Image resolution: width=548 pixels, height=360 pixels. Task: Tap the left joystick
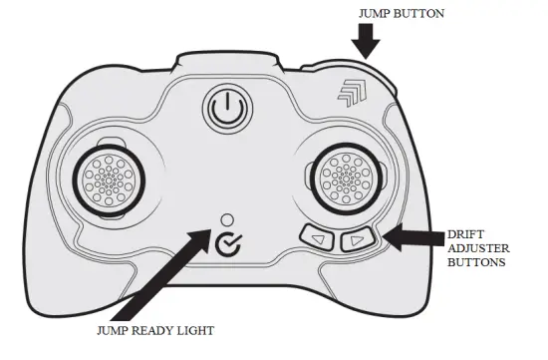tap(105, 180)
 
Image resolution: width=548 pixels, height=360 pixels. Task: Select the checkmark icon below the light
tap(227, 241)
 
